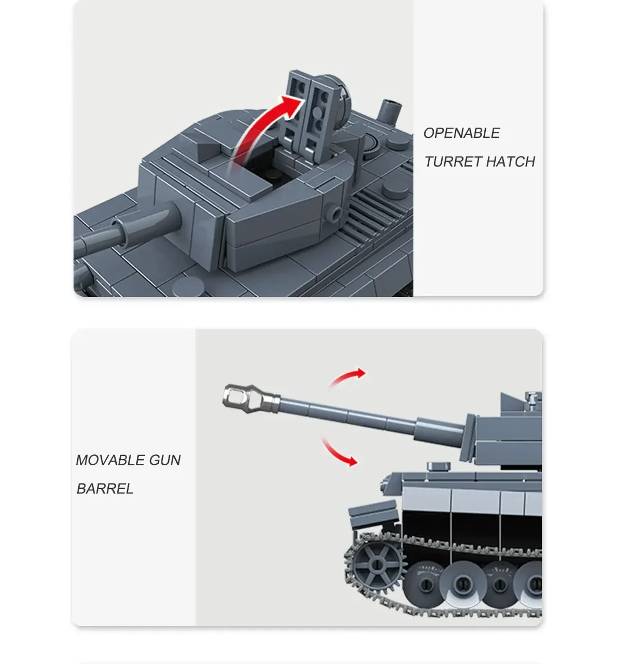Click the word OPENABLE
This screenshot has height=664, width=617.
coord(461,133)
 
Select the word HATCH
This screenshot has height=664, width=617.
coord(511,162)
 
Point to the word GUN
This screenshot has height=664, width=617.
coord(165,460)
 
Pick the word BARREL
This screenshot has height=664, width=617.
coord(105,489)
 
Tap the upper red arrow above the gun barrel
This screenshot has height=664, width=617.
coord(347,378)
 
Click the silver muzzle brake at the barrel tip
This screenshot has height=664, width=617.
coord(249,398)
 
